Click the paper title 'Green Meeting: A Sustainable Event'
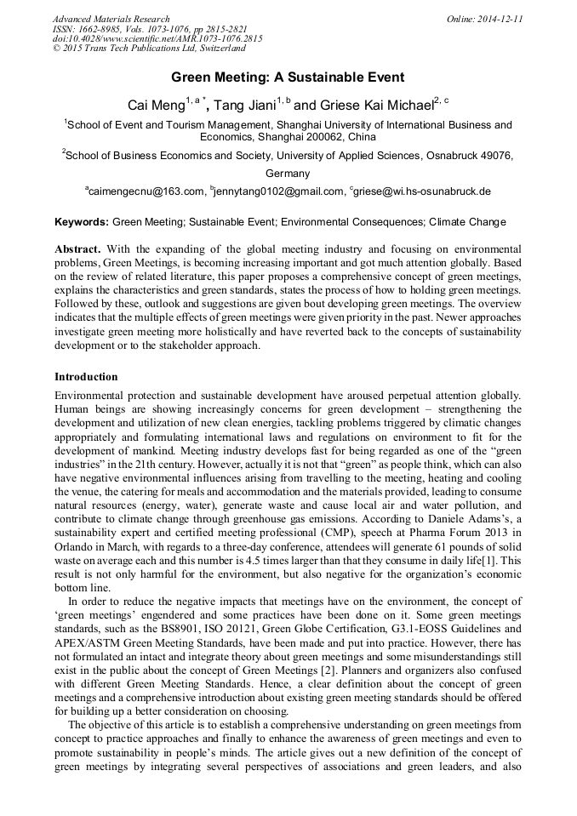click(x=288, y=78)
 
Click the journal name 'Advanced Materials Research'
click(x=111, y=19)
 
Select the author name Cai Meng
click(x=156, y=106)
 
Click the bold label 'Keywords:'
click(x=82, y=222)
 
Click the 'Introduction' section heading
click(x=86, y=376)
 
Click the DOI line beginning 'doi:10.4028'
click(x=157, y=38)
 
